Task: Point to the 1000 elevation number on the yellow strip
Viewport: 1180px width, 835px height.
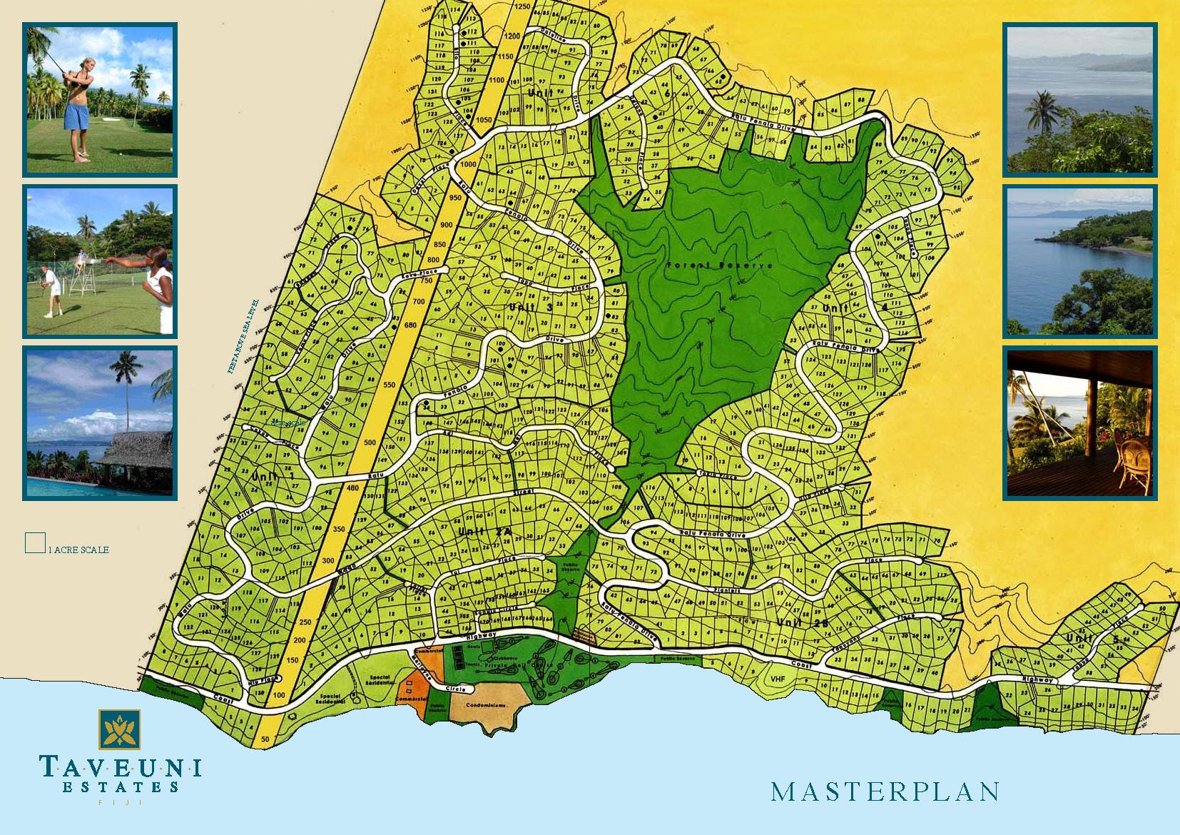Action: [x=469, y=164]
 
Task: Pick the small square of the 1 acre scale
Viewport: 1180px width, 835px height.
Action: [x=35, y=542]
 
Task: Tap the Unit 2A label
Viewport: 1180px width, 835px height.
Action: [x=476, y=532]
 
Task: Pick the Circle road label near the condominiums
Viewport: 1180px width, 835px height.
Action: [x=455, y=689]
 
